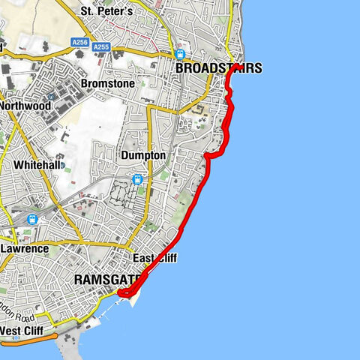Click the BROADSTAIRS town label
point(218,68)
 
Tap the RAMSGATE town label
point(108,280)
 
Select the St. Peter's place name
point(106,11)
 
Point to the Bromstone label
point(107,83)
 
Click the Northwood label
point(25,106)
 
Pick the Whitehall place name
point(37,164)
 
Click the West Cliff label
point(21,331)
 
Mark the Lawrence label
point(25,248)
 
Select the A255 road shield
point(101,46)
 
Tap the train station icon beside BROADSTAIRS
point(180,54)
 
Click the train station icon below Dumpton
point(137,179)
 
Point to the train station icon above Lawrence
point(31,219)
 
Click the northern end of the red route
point(237,67)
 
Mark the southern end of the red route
point(121,292)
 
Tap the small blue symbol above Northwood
point(49,97)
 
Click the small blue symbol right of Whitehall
point(63,165)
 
